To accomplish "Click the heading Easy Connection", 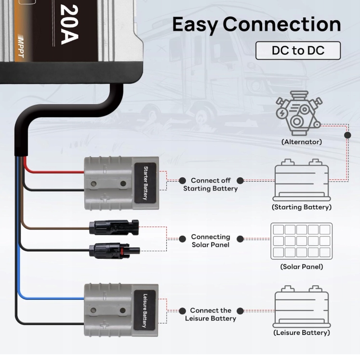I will (256, 25).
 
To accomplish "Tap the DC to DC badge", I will (298, 51).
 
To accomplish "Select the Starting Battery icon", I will (301, 180).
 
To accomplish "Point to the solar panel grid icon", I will (301, 240).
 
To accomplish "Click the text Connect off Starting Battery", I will (211, 185).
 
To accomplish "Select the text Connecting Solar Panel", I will (211, 241).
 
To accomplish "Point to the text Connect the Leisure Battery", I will (211, 314).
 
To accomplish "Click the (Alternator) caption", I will (302, 142).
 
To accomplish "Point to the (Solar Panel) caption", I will (302, 267).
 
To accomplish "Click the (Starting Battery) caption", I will (302, 207).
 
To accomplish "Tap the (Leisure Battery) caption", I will (302, 333).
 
